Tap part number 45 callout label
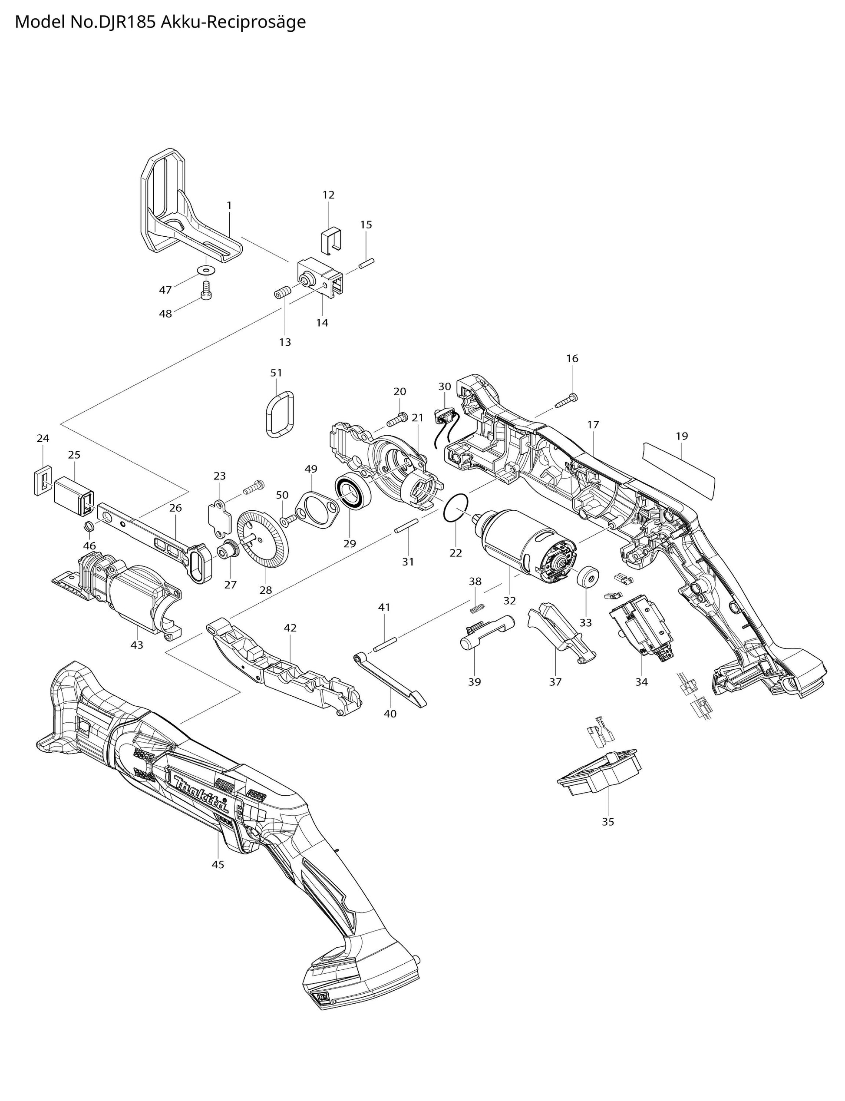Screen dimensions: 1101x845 coord(218,864)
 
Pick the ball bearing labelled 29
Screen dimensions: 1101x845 coord(353,491)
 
